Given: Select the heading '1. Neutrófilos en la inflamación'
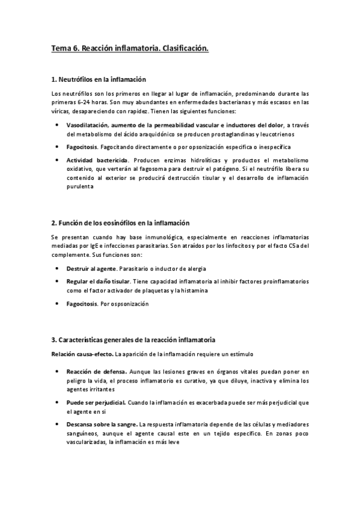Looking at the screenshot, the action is point(99,79).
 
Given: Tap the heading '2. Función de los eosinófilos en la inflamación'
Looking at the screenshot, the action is point(121,223).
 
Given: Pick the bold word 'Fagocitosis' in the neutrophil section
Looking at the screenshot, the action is point(82,147).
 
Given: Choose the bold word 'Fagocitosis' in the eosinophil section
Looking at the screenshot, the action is point(82,304).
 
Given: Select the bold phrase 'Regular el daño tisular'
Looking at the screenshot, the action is point(97,281).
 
